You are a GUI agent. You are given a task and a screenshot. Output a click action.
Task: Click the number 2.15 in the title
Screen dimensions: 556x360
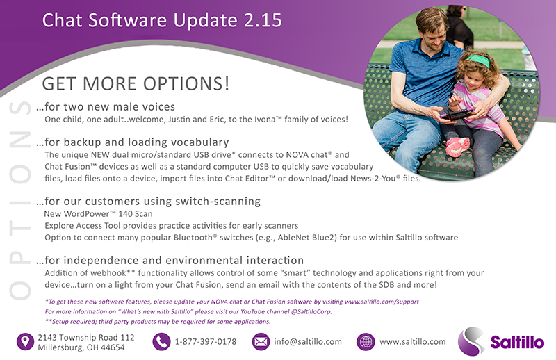263,20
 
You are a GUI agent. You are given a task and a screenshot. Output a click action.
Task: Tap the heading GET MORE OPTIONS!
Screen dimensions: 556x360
136,83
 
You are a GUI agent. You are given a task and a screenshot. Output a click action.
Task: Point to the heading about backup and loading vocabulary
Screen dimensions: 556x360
133,142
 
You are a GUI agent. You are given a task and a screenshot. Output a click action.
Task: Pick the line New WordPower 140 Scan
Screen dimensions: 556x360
98,214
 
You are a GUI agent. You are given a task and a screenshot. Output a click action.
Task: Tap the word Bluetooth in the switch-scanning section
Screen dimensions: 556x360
193,237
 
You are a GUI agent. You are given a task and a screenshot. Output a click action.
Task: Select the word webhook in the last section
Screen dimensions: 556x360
108,272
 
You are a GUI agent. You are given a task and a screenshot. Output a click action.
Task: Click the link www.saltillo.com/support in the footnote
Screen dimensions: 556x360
382,302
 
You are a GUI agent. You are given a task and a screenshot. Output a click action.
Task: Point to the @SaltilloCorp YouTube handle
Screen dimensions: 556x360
311,311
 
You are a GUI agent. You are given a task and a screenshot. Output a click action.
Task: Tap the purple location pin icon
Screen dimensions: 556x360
25,342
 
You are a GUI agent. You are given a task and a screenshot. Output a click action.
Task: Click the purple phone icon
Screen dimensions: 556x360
161,342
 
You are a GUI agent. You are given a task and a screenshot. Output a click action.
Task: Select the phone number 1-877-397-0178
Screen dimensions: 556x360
206,341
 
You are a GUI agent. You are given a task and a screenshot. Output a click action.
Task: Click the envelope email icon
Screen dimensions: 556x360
261,342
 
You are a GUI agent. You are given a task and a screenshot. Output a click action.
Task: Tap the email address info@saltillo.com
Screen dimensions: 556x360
308,341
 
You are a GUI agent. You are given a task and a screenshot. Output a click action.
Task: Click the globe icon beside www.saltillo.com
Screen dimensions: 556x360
366,342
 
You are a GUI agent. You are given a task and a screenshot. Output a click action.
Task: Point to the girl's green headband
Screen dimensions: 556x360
479,60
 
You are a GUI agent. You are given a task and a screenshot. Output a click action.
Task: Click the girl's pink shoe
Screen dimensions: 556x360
457,147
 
